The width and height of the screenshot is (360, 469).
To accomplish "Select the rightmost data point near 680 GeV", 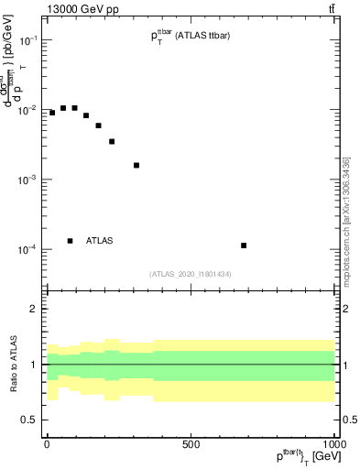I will point(244,245).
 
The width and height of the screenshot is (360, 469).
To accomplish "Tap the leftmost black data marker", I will point(52,113).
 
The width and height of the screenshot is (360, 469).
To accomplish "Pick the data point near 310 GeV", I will point(136,166).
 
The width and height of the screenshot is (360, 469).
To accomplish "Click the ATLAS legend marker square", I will point(71,241).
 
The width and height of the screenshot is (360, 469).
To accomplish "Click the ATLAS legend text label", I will point(99,241).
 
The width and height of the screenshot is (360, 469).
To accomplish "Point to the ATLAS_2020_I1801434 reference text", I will point(190,274).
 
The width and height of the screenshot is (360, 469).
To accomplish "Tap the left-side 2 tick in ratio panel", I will point(34,310).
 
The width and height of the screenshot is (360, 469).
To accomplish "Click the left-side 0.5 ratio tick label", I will point(30,420).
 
